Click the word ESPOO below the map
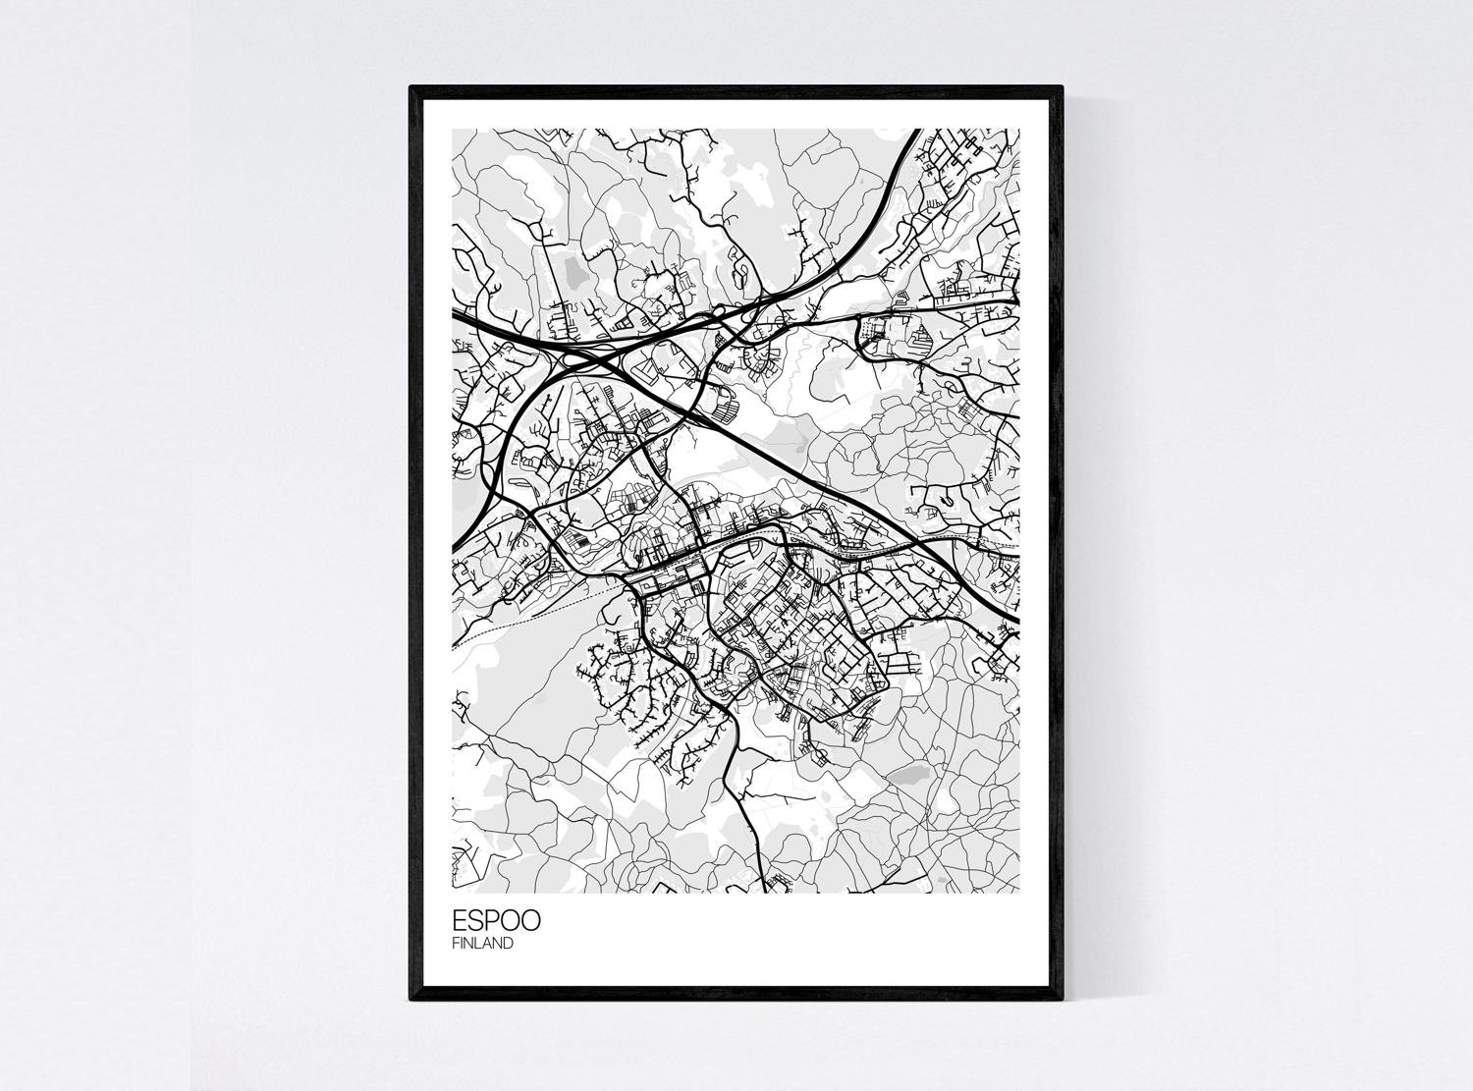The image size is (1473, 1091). point(496,921)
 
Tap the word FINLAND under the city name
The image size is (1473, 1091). point(482,944)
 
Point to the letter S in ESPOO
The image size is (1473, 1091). point(476,921)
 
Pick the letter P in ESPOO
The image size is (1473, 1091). point(493,921)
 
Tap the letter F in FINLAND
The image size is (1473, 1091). point(456,944)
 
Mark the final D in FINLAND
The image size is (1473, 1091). point(508,944)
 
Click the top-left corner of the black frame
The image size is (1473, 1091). point(410,87)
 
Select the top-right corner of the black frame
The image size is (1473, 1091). point(1063,87)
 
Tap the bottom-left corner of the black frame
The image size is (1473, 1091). point(410,1000)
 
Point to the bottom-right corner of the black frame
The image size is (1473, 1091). point(1063,1000)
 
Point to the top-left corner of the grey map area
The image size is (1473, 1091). point(452,130)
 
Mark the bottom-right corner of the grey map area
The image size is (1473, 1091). point(1019,893)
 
